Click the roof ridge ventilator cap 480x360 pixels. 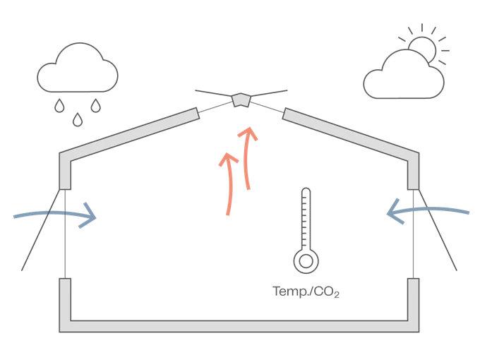click(241, 100)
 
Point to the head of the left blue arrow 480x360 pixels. click(90, 215)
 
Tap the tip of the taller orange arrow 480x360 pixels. click(248, 132)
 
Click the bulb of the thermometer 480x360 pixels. click(306, 260)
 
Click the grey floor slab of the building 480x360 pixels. click(240, 326)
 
